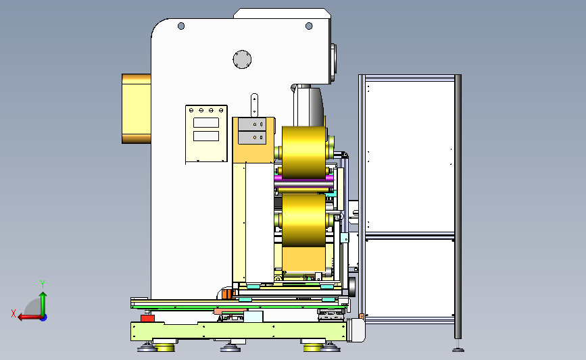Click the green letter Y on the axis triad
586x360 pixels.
point(43,284)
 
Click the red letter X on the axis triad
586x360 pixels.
point(14,313)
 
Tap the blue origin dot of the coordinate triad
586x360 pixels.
point(44,317)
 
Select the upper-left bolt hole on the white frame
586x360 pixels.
point(181,26)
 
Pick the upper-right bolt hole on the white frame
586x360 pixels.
point(309,26)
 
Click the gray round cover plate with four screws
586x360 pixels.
point(242,59)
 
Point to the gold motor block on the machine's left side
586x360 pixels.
point(137,109)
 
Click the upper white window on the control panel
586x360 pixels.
point(206,123)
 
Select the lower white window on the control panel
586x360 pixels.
point(206,136)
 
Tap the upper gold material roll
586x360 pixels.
point(304,153)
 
